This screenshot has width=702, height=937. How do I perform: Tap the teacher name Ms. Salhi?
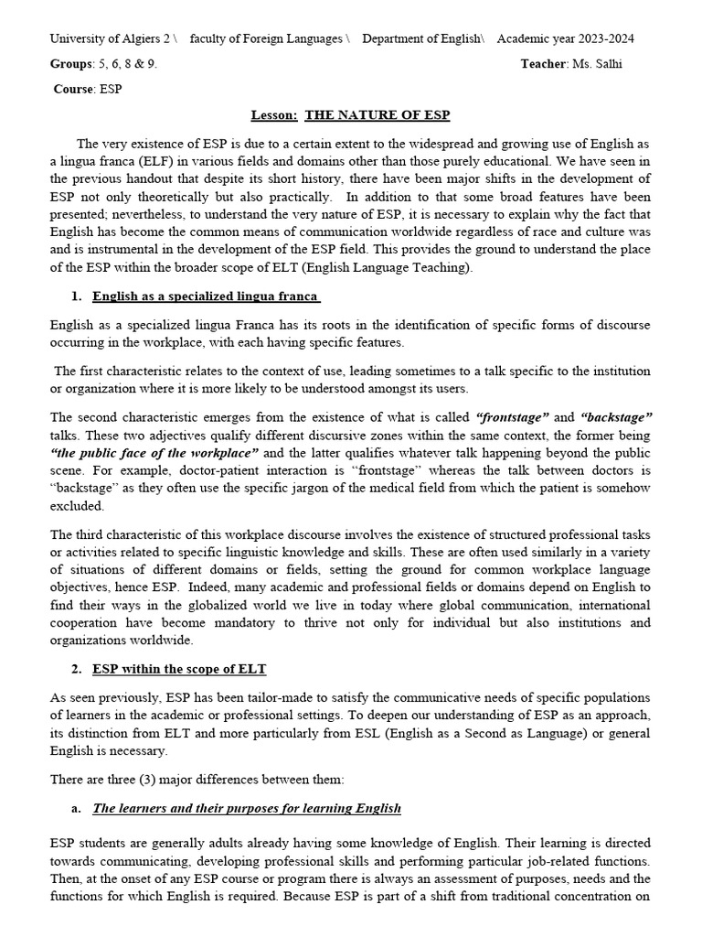pos(601,64)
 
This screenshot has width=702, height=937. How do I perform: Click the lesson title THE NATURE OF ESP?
pos(377,115)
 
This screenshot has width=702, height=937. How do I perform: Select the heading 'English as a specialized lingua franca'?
pos(206,296)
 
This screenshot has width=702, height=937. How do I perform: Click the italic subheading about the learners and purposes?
pos(247,809)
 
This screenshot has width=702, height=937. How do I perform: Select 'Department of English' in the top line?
pos(421,38)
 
